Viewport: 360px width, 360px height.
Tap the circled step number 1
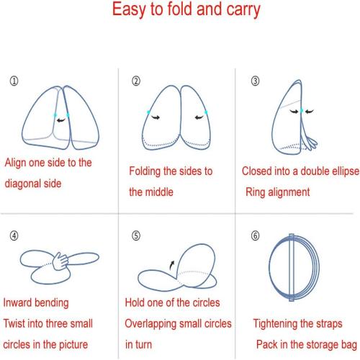pyautogui.click(x=14, y=81)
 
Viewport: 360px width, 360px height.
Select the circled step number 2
pyautogui.click(x=136, y=81)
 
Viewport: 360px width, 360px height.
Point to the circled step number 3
pyautogui.click(x=255, y=81)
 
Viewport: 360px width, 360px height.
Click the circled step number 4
pyautogui.click(x=14, y=235)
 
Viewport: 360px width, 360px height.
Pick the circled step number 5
pyautogui.click(x=136, y=235)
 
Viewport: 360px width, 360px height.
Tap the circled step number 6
pyautogui.click(x=255, y=235)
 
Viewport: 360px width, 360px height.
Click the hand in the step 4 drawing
pyautogui.click(x=60, y=261)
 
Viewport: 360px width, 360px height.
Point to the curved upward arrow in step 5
pyautogui.click(x=172, y=265)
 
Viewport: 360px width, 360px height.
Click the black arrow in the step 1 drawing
pyautogui.click(x=61, y=120)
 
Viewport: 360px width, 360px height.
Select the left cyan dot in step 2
pyautogui.click(x=148, y=112)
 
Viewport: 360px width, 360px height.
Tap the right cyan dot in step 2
pyautogui.click(x=206, y=112)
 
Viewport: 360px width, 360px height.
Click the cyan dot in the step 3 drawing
pyautogui.click(x=302, y=111)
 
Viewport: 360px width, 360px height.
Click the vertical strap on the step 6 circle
pyautogui.click(x=292, y=267)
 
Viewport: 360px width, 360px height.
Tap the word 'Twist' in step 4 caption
pyautogui.click(x=14, y=323)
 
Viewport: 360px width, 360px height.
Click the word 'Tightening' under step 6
pyautogui.click(x=275, y=324)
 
